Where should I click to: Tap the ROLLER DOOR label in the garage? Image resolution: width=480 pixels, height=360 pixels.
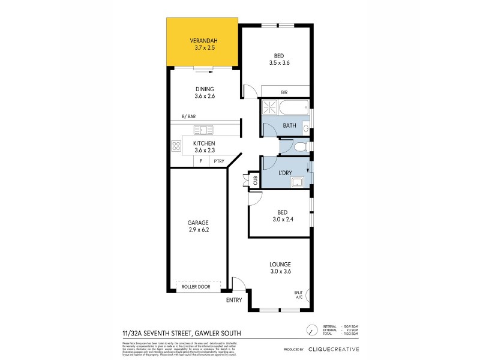[x=198, y=287]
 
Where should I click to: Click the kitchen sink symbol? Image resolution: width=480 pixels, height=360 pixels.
[x=203, y=130]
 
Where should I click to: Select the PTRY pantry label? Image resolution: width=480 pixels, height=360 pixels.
[x=218, y=161]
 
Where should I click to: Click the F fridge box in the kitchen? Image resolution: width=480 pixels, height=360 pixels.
[x=201, y=161]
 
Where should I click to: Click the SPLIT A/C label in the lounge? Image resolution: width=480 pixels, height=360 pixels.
[x=298, y=295]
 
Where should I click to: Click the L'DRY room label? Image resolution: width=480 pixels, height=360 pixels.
[x=285, y=173]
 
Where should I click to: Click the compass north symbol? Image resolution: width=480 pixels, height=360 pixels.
[x=311, y=331]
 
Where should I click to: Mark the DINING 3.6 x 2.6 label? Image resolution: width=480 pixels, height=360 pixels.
[x=205, y=92]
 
